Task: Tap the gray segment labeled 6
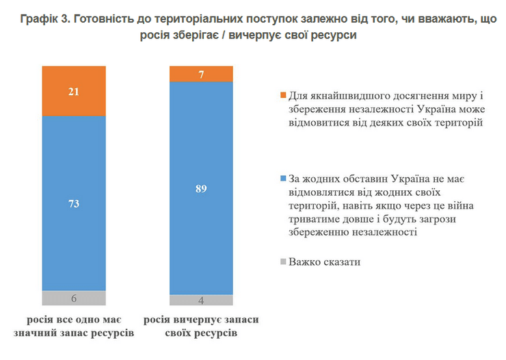click(x=74, y=298)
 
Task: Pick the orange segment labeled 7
click(x=201, y=74)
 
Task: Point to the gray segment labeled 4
click(x=201, y=300)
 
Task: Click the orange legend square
click(x=283, y=96)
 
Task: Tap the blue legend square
click(x=283, y=179)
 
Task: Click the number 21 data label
click(x=74, y=91)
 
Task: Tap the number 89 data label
click(x=201, y=188)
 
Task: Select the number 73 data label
click(x=74, y=203)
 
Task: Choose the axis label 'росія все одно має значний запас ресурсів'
click(x=74, y=326)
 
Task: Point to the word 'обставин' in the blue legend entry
click(x=352, y=179)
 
